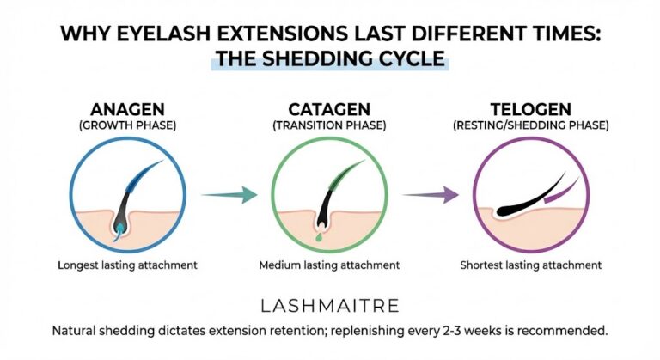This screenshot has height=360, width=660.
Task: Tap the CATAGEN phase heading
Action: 329,110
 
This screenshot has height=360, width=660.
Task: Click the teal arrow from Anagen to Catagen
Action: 229,195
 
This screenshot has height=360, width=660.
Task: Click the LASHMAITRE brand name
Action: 329,305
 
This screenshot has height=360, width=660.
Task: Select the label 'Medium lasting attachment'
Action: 329,265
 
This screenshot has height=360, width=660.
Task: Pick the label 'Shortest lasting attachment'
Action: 530,265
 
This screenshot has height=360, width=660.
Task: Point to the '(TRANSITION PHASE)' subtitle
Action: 329,125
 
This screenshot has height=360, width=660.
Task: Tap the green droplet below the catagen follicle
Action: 320,235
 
